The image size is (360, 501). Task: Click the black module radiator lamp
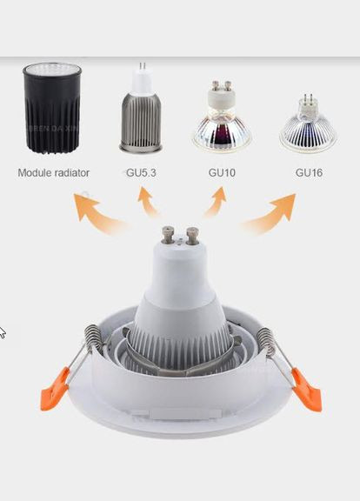pos(52,107)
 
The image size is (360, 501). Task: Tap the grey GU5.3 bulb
pos(141,109)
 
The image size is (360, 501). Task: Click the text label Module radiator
pos(53,173)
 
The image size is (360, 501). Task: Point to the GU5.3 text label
pos(141,173)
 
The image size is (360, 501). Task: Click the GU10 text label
pos(222,173)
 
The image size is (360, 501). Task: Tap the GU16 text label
pos(309,173)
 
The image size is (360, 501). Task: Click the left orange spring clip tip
pos(54,389)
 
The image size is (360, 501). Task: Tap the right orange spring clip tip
pos(306,390)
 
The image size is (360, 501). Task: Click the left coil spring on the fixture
pos(94,338)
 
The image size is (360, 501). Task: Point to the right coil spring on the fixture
pos(266,341)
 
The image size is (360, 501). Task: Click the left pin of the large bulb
pos(168,235)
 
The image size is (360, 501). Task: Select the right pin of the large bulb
pos(192,236)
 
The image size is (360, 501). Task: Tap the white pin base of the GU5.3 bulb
pos(142,82)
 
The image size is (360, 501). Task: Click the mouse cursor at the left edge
pos(2,332)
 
